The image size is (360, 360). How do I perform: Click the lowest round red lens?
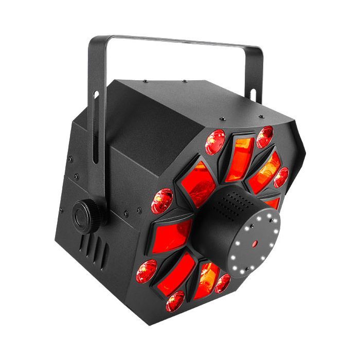[175, 300]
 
